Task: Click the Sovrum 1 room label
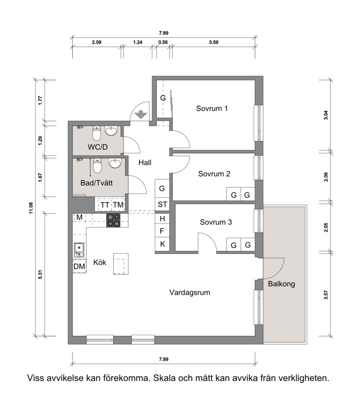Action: (x=211, y=108)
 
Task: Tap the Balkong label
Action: (x=281, y=284)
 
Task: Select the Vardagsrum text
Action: (x=190, y=293)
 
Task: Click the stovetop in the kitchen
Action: (x=113, y=220)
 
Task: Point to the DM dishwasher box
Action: (x=79, y=267)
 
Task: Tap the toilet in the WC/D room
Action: (x=96, y=133)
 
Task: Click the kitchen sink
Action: (x=79, y=250)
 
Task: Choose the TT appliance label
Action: (x=105, y=205)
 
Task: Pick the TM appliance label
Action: (x=118, y=205)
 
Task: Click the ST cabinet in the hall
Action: (x=162, y=205)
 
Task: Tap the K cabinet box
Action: (x=162, y=244)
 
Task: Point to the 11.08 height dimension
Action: (x=31, y=208)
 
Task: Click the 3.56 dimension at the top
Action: (x=214, y=42)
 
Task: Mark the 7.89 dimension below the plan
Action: (x=164, y=359)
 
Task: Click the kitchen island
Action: (x=121, y=264)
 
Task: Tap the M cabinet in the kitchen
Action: (x=79, y=217)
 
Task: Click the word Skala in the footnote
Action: (x=165, y=378)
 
